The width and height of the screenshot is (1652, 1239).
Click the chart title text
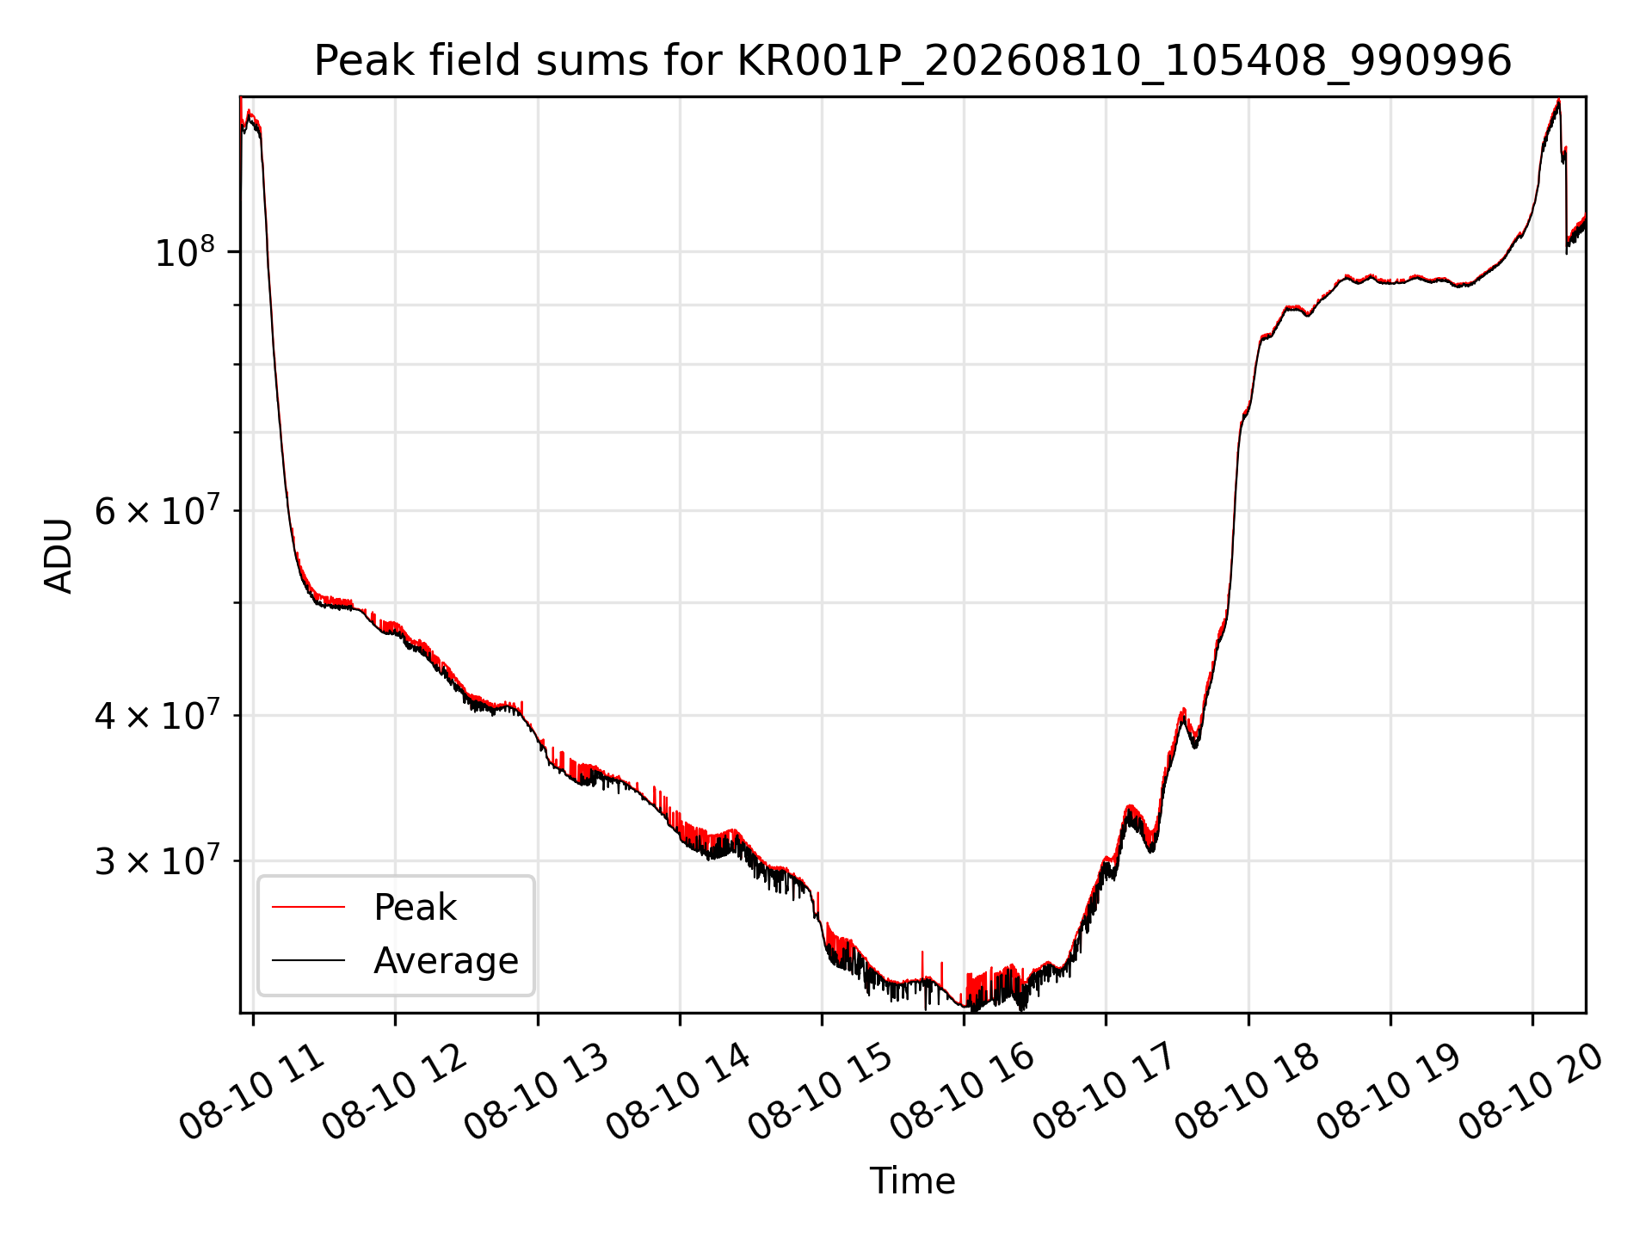click(912, 61)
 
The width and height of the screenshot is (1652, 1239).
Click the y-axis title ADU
click(59, 555)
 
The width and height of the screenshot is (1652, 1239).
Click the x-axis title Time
click(912, 1181)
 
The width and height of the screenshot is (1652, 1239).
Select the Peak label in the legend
click(415, 908)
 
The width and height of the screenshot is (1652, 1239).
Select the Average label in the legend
click(446, 961)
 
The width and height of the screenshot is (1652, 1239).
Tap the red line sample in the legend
click(308, 907)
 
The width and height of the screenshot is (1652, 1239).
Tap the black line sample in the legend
click(308, 960)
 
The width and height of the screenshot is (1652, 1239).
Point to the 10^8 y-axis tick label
click(184, 252)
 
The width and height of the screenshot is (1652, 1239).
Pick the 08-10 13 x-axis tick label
click(538, 1093)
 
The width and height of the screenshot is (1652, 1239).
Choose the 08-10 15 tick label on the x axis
click(822, 1093)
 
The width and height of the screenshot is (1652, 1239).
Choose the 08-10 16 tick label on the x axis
click(964, 1093)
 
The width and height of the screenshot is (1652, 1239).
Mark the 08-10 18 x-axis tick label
click(1248, 1093)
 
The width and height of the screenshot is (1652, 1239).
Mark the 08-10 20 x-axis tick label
click(1532, 1093)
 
